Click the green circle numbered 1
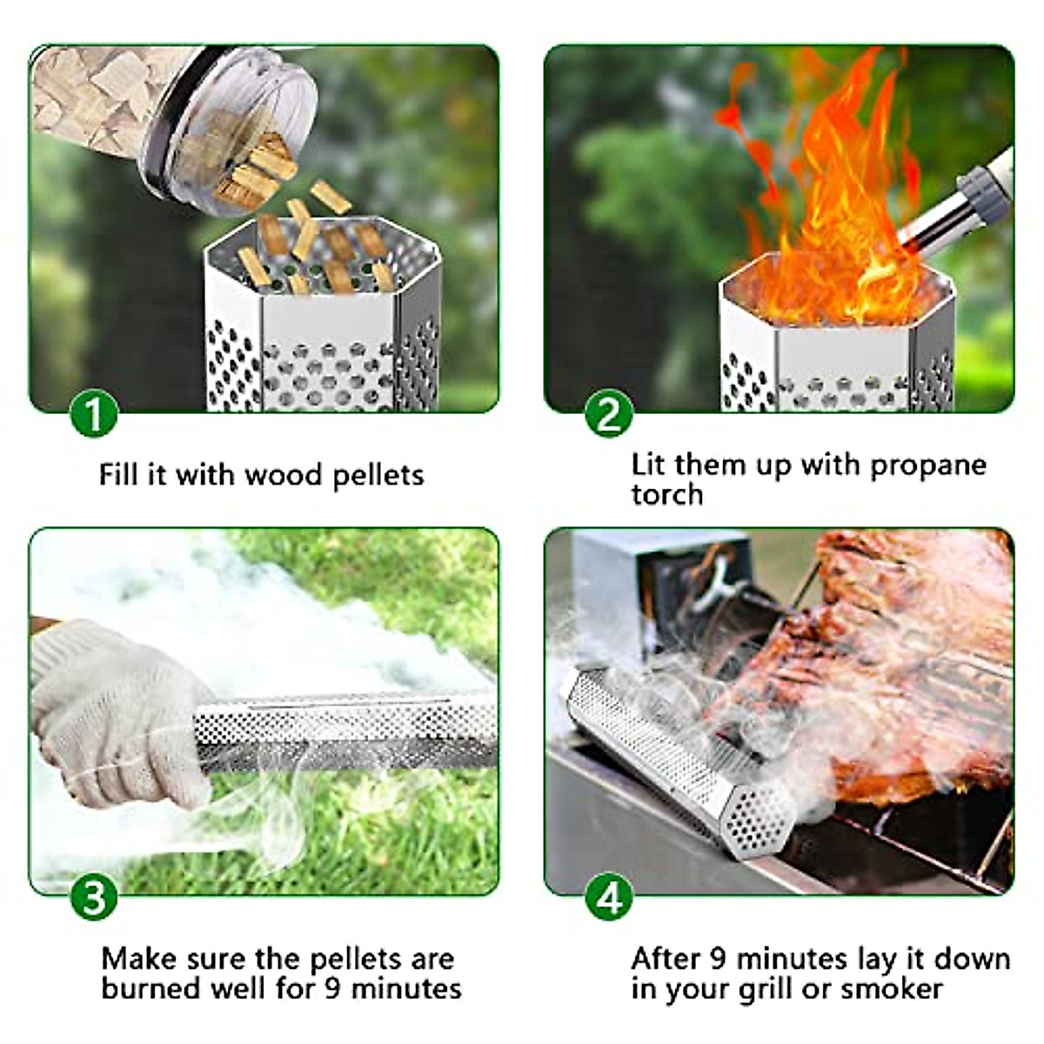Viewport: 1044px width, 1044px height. pos(93,413)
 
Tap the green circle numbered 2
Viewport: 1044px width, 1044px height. pos(608,413)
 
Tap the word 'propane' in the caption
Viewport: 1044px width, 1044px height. pos(928,465)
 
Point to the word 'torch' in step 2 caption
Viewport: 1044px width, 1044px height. pos(666,494)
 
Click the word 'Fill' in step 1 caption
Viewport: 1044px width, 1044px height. pos(116,475)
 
